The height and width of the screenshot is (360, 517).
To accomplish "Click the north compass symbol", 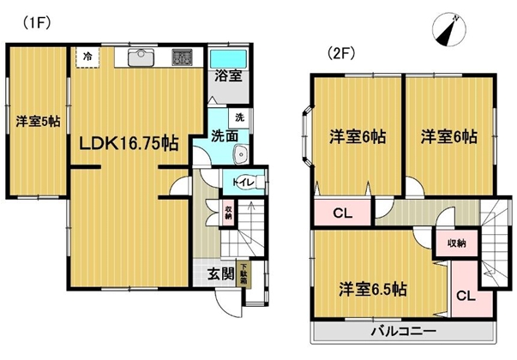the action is coord(448,30).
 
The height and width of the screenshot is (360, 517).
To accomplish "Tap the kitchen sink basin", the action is coord(141,57).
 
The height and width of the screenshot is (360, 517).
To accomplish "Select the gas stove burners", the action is coord(182,57).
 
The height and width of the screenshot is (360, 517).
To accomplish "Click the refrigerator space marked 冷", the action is coord(87,57).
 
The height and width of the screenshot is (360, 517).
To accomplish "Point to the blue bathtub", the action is coord(229,59).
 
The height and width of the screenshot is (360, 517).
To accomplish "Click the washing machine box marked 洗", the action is coord(240,117).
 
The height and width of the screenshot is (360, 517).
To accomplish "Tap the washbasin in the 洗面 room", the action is coord(241,154).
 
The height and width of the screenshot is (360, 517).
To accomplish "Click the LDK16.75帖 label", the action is coord(129,143).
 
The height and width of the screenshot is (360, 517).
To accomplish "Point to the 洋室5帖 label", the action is coord(39,122).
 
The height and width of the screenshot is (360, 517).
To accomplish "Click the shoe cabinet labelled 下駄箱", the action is coord(244,273).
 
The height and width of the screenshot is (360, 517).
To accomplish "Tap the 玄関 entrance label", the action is coord(220,273).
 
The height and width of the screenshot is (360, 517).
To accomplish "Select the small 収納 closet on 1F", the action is coord(228,213).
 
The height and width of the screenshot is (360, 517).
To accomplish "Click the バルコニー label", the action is coord(404,331).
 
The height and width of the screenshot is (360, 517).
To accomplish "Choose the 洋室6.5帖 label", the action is coord(373,289).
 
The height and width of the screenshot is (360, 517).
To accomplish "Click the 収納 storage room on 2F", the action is coord(457,243).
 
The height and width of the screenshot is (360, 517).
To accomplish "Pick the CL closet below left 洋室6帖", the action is coord(343,213).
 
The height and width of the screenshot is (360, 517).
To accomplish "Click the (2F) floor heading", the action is coord(340,53).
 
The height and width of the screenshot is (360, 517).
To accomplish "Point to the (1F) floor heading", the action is coord(36,23).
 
